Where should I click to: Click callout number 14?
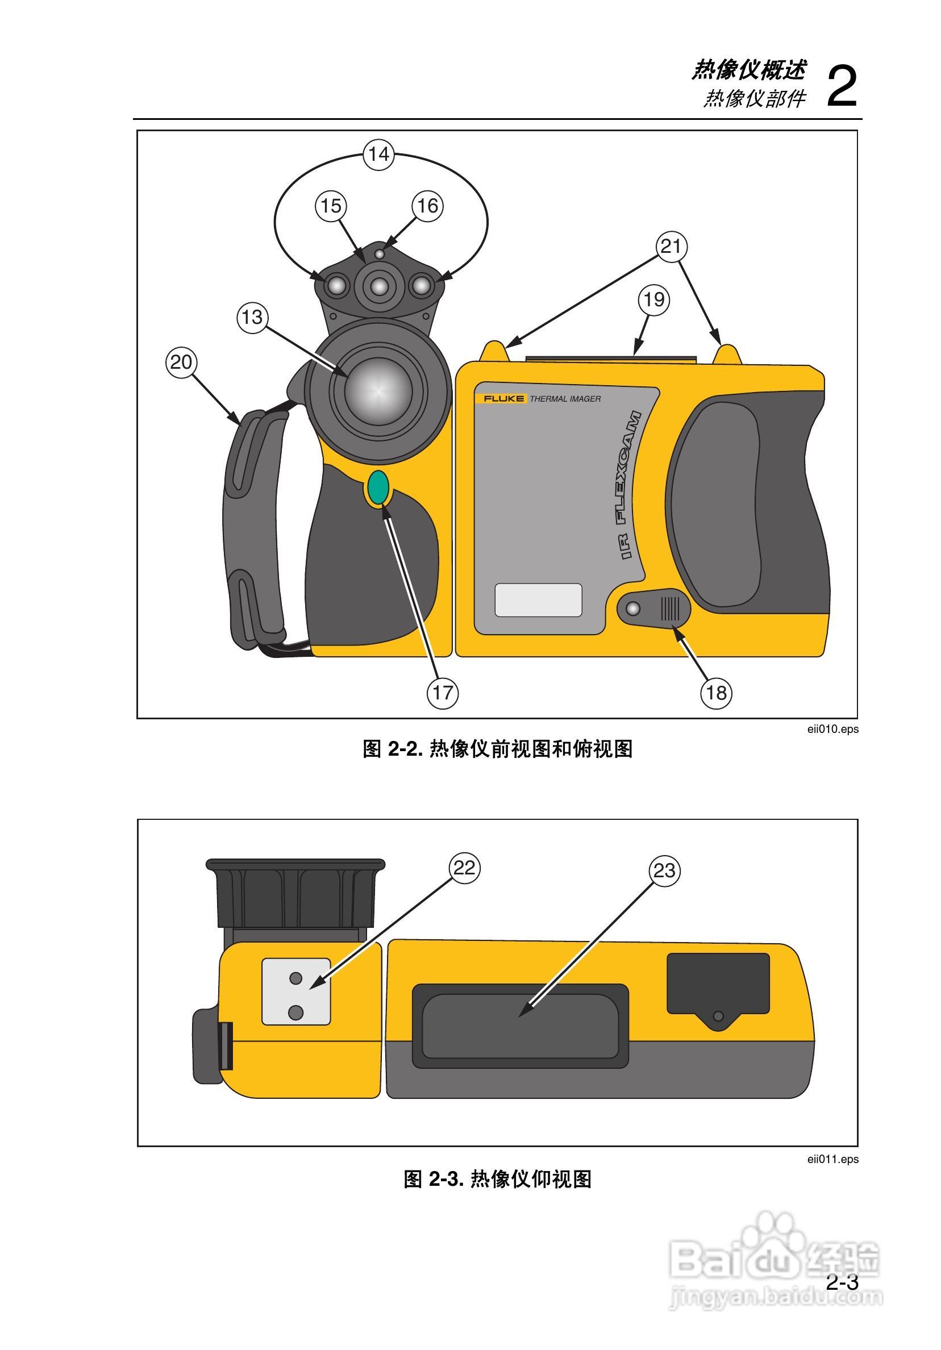coord(378,155)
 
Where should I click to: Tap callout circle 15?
coord(331,206)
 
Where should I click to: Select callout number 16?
coord(427,206)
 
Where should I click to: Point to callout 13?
coord(252,318)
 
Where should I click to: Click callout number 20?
coord(181,362)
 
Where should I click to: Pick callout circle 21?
coord(671,246)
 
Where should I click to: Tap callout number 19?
coord(654,300)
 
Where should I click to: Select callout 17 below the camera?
coord(442,693)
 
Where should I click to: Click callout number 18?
coord(716,693)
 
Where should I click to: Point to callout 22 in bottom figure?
coord(464,868)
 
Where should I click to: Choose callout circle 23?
coord(665,871)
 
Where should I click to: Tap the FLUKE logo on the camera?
coord(503,399)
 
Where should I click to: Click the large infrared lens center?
coord(378,391)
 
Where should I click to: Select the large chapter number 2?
coord(841,86)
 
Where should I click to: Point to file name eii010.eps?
coord(832,729)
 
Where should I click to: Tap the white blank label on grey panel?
coord(538,601)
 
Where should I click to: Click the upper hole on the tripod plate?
coord(296,978)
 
